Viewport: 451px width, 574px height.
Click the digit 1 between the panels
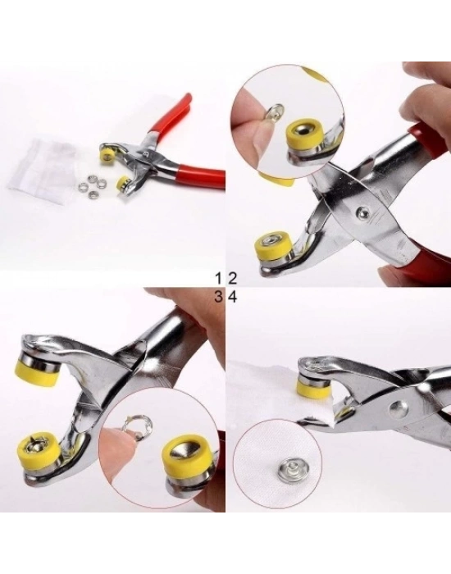tap(219, 280)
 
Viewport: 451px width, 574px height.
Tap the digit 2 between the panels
tap(232, 280)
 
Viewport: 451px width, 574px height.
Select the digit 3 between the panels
tap(219, 297)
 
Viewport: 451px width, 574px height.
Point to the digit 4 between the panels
tap(232, 297)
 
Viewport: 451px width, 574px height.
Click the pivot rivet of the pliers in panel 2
tap(362, 212)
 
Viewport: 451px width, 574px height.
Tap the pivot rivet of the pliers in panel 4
tap(397, 408)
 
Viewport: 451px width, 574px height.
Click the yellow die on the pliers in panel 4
tap(310, 389)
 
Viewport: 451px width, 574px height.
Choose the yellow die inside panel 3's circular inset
tap(186, 458)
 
